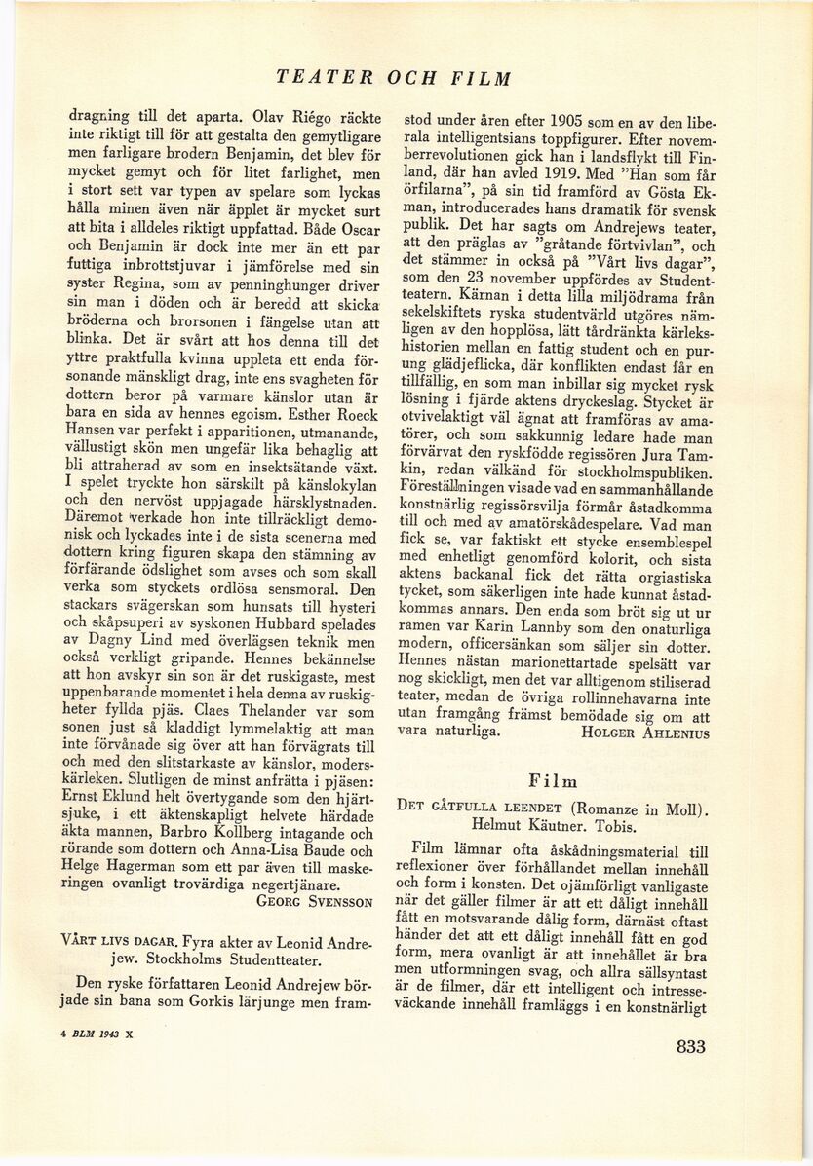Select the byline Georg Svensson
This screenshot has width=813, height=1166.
[x=314, y=901]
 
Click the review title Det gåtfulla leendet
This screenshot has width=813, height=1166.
[x=479, y=807]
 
